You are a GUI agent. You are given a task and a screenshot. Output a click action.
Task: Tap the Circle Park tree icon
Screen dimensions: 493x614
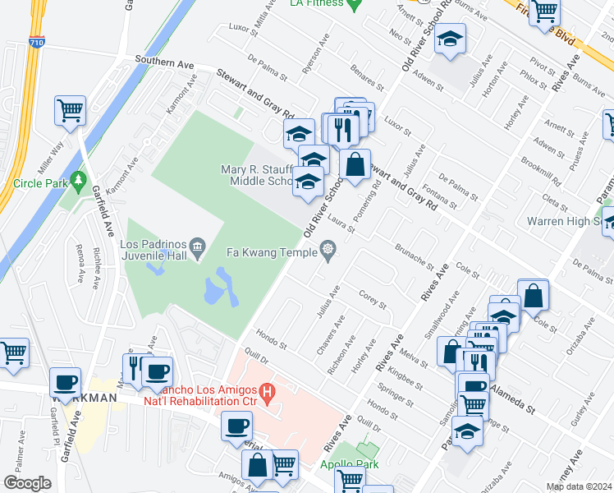79,178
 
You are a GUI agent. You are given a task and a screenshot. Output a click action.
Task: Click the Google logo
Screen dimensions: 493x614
27,483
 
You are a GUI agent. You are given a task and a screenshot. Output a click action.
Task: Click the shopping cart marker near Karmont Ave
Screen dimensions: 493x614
71,109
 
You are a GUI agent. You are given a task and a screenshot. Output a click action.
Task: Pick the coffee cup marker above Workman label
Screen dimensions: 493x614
66,381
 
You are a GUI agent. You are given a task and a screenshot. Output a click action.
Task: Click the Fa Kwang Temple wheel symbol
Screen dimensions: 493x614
328,248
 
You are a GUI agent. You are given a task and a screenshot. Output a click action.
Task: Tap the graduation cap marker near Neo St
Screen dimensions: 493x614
449,39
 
